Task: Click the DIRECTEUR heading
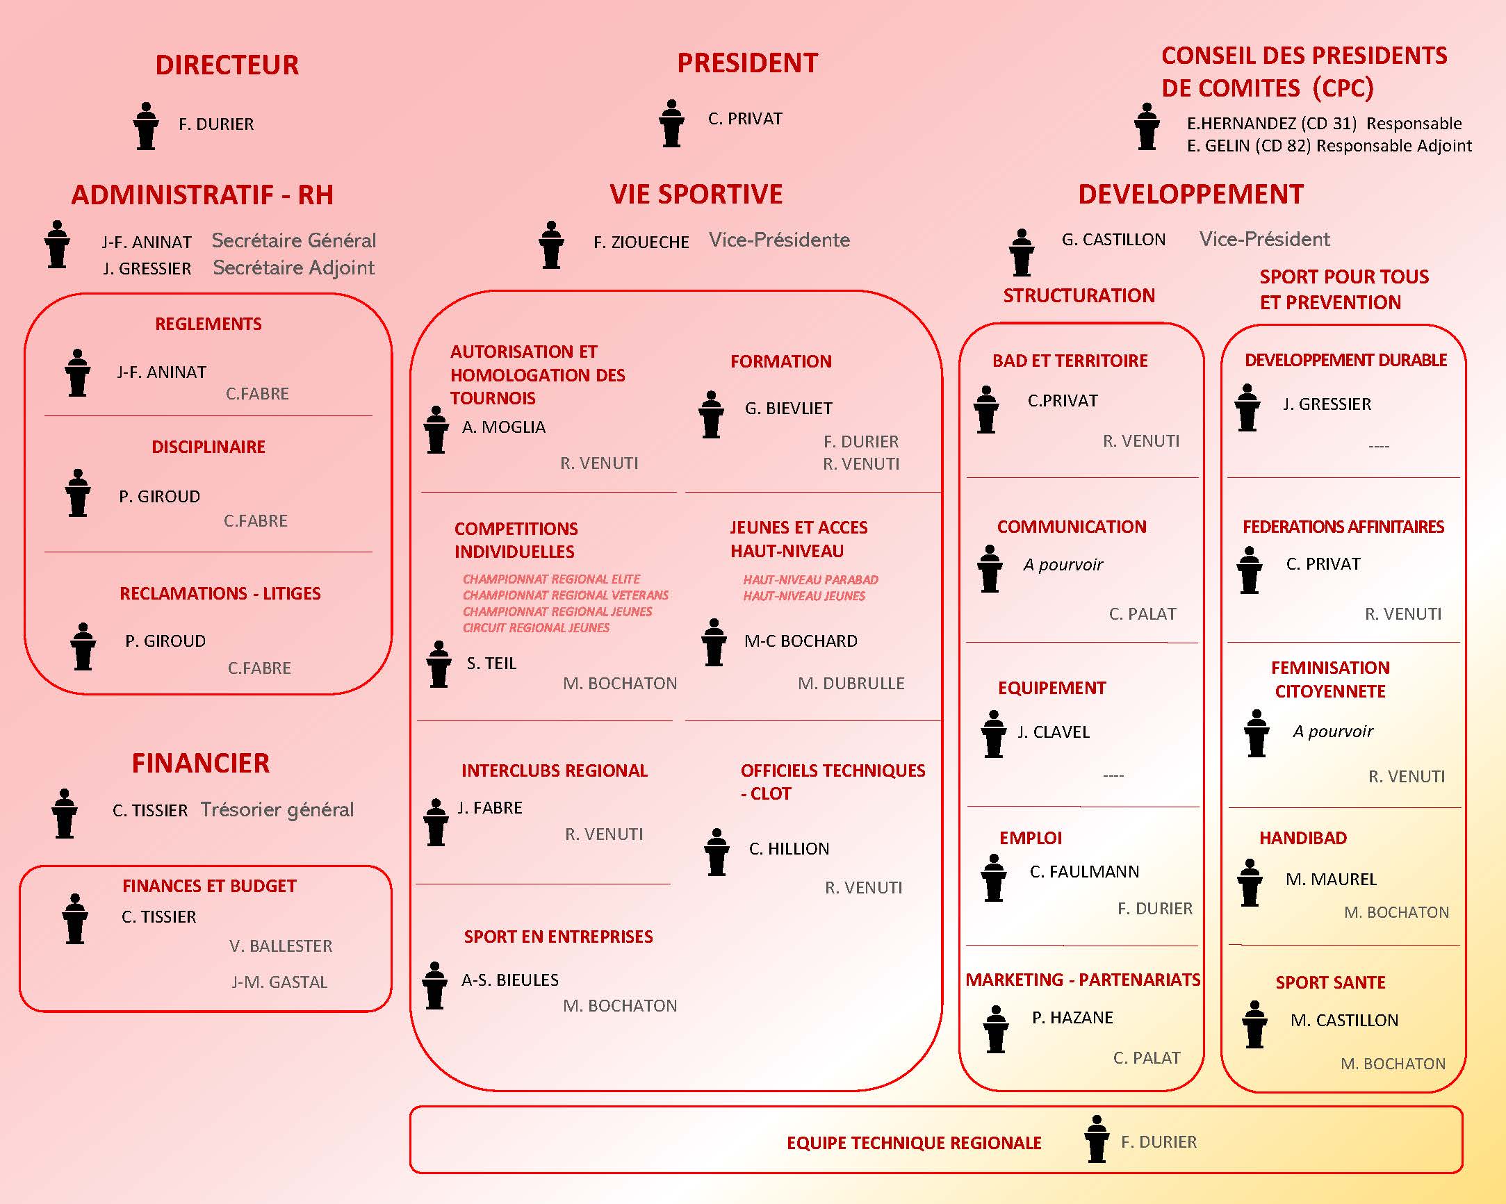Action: tap(227, 65)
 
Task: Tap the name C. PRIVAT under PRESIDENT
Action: tap(744, 119)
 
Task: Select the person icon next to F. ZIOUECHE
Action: tap(551, 245)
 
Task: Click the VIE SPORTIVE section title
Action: tap(696, 194)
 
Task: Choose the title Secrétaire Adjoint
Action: tap(293, 267)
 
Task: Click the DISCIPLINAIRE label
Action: tap(208, 447)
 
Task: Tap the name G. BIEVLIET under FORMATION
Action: tap(789, 409)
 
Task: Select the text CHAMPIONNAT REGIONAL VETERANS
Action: tap(565, 595)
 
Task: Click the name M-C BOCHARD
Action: tap(801, 641)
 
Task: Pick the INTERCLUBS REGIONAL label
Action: tap(554, 770)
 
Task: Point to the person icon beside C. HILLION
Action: tap(717, 852)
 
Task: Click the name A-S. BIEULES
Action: tap(510, 980)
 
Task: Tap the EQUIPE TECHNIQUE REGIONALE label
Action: tap(914, 1143)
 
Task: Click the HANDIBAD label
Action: tap(1303, 838)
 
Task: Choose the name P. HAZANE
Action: tap(1072, 1018)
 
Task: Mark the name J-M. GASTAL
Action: tap(279, 982)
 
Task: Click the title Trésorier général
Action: tap(277, 809)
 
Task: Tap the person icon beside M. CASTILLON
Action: tap(1254, 1025)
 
